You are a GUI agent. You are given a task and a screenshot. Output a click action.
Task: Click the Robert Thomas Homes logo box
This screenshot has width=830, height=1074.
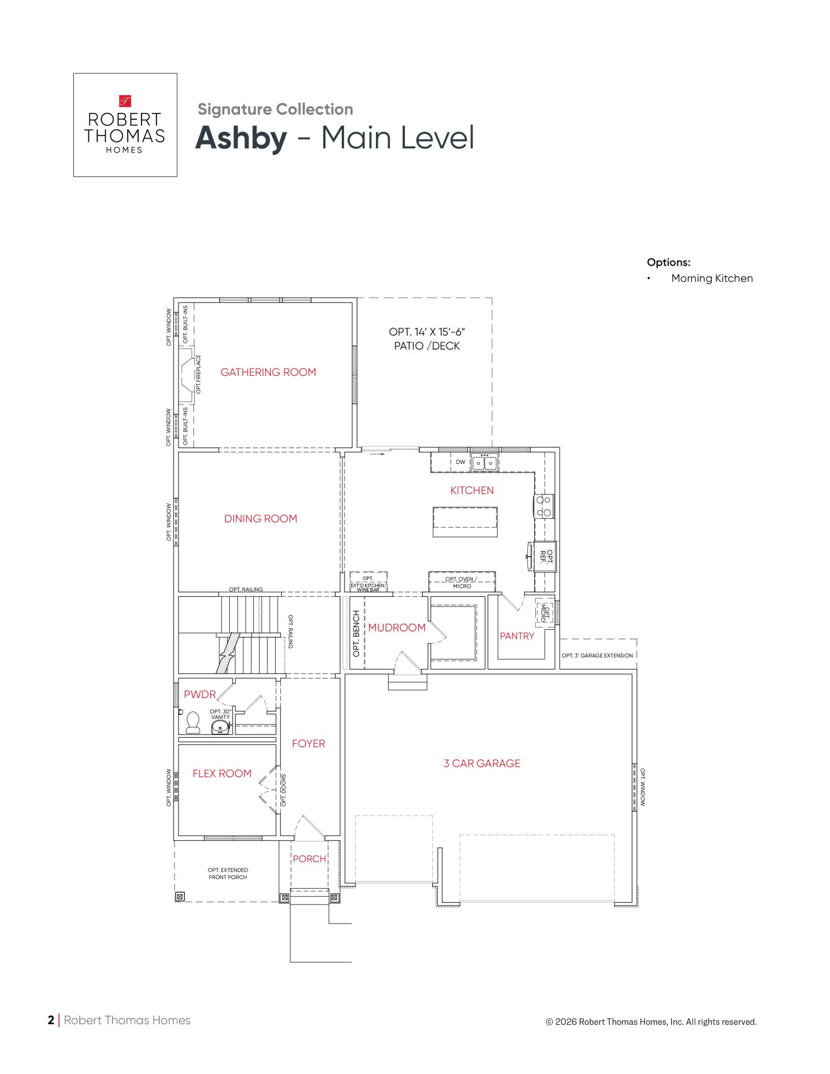(125, 125)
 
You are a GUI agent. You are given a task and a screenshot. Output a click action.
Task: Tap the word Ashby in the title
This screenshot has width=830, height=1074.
(241, 138)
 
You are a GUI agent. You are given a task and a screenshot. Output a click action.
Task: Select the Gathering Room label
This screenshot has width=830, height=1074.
(268, 373)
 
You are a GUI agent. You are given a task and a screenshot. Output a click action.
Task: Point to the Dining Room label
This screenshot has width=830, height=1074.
(261, 519)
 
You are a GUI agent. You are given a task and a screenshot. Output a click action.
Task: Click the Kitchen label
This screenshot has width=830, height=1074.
(472, 491)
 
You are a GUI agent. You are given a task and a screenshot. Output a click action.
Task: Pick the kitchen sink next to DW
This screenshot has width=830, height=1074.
(484, 462)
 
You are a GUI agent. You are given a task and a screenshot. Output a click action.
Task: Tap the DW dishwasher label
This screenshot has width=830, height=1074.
(460, 462)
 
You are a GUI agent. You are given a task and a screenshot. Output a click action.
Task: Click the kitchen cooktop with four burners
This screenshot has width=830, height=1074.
(544, 506)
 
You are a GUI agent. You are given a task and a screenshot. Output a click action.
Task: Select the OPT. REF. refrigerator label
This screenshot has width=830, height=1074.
(546, 557)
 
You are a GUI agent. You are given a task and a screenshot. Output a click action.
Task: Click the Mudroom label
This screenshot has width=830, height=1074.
(397, 628)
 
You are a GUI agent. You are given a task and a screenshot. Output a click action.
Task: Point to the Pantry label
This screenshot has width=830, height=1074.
(517, 636)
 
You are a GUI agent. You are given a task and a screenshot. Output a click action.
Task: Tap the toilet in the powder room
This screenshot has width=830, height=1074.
(193, 722)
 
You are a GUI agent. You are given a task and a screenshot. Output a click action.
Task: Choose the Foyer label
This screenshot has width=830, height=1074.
(308, 744)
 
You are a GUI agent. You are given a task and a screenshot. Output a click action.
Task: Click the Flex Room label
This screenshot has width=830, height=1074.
(222, 774)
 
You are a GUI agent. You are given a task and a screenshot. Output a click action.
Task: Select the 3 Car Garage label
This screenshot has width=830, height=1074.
(482, 764)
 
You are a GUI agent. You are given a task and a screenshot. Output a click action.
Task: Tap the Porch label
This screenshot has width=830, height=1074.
(309, 859)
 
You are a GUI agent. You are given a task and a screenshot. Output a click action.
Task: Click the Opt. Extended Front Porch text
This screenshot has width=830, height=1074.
(228, 874)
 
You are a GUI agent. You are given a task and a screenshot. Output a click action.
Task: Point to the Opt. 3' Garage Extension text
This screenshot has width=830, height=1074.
(597, 656)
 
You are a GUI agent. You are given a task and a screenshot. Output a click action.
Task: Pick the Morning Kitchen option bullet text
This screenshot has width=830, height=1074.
(712, 279)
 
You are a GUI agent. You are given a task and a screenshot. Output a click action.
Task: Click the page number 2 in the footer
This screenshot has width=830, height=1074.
(51, 1020)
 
